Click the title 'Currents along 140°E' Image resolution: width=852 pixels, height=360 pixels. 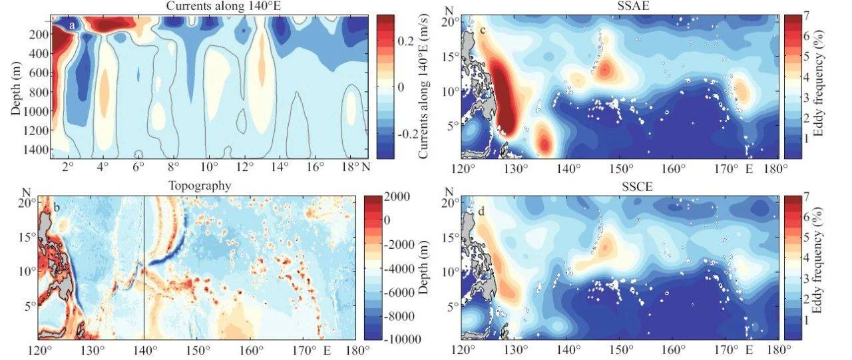(208, 6)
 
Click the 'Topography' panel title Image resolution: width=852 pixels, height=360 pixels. (209, 186)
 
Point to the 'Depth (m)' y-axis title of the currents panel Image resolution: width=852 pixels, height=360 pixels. (16, 86)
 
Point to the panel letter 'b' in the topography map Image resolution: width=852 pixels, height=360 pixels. (57, 208)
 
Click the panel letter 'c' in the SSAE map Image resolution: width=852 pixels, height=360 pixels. (482, 31)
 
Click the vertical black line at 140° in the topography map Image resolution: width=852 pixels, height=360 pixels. (144, 266)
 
